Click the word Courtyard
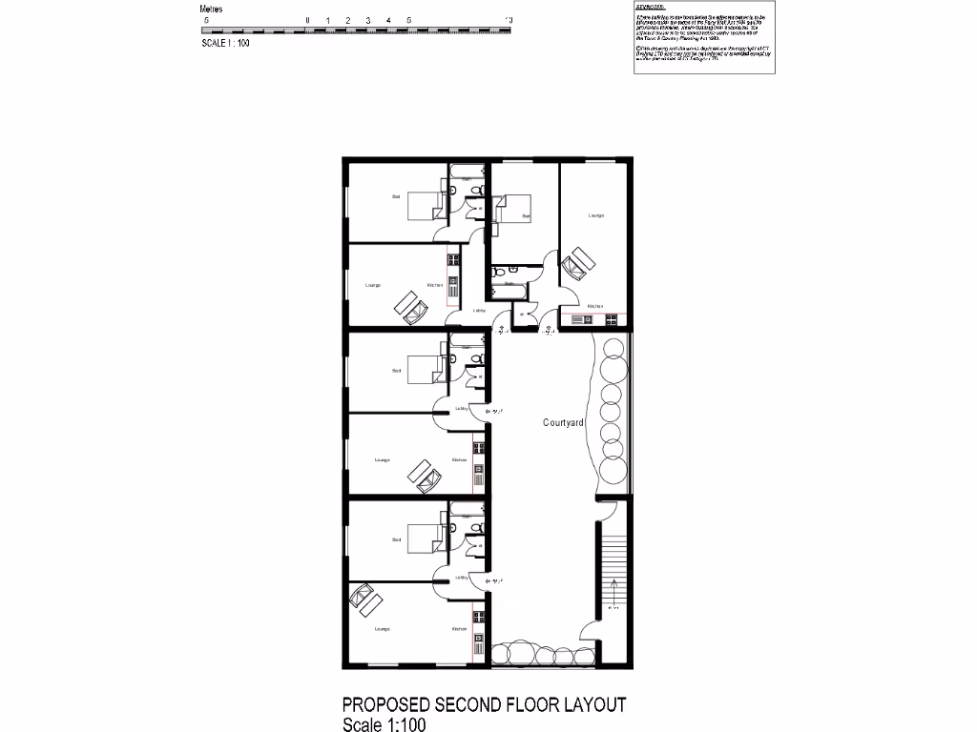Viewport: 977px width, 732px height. (x=563, y=421)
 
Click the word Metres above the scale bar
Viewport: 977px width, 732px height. (x=212, y=9)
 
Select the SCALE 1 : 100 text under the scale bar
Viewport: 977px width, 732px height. (x=226, y=43)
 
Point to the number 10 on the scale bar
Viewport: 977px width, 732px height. (x=509, y=20)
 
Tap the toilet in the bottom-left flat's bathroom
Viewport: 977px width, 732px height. (x=479, y=528)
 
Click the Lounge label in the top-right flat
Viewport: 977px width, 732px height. (x=595, y=215)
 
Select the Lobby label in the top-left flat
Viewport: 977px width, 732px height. (x=479, y=311)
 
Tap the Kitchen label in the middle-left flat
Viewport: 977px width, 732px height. (x=459, y=460)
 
